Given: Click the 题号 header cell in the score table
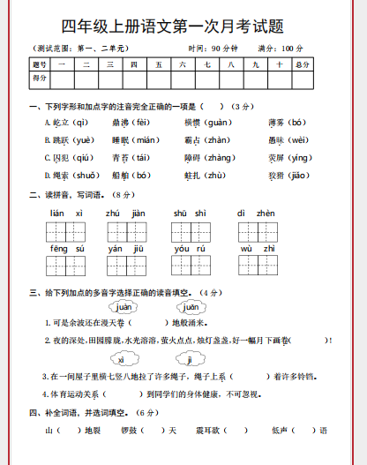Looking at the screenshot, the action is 40,64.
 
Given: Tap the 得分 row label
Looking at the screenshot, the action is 40,79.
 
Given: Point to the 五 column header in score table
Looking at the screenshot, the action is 158,64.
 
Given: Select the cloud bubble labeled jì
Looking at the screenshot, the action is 190,359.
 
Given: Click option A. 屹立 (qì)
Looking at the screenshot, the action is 67,122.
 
